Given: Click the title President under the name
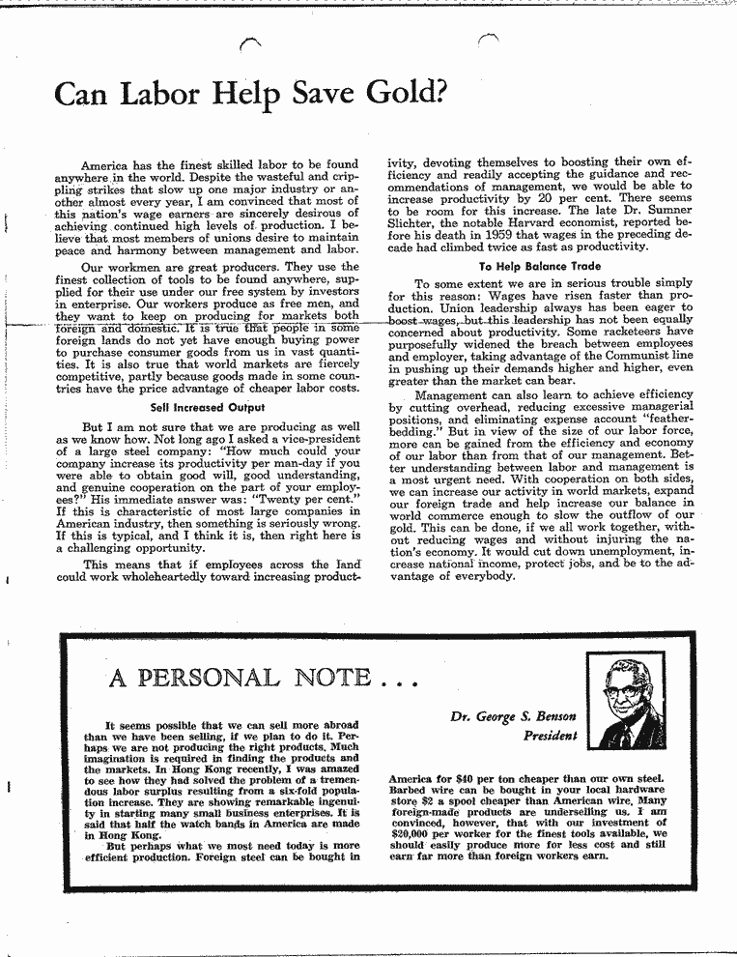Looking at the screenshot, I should coord(550,737).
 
